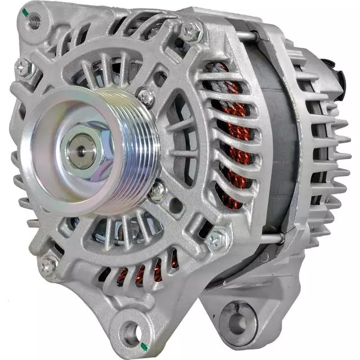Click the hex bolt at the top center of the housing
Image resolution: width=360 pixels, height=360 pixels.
point(192,31)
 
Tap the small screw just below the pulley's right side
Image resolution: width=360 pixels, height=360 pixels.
point(158,191)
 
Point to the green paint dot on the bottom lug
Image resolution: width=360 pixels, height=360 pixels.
point(145,345)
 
